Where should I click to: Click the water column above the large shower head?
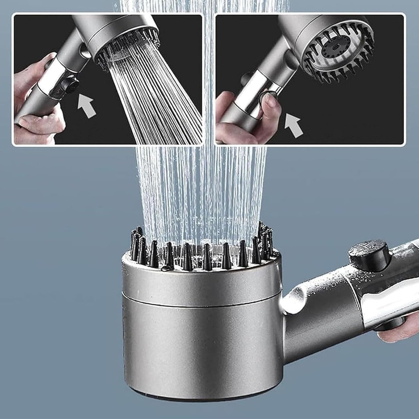(x=200, y=188)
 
